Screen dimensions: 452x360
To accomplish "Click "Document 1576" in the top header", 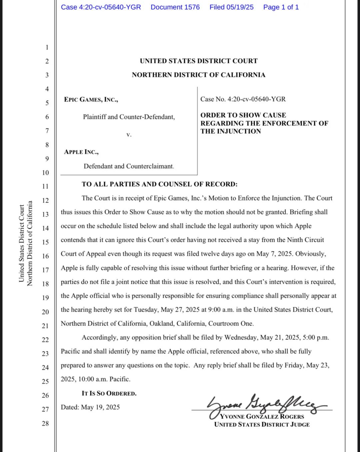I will pos(175,7).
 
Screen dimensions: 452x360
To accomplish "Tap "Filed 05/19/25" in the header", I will pos(231,7).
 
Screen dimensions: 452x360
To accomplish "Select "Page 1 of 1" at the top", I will pos(281,7).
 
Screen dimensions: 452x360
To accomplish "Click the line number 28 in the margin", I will pos(45,423).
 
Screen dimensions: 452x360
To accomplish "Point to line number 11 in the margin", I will pos(45,187).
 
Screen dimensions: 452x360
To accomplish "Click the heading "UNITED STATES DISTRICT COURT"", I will pos(199,61).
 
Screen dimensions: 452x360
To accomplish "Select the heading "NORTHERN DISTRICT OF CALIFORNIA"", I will pos(199,75).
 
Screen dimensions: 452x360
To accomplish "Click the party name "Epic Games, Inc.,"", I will pos(91,100).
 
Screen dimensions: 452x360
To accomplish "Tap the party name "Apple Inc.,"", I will pos(81,152).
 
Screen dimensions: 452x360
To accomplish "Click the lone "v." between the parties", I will pos(129,135).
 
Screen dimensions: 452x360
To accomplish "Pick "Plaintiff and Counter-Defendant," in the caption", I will pos(129,117).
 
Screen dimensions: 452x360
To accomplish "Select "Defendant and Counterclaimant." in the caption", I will pos(129,166).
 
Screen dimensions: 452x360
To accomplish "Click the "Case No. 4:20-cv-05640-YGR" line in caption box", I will pos(243,99).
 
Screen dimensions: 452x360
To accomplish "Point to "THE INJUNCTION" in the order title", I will pos(231,131).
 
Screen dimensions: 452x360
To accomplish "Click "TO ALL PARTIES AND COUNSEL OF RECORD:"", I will pos(160,184).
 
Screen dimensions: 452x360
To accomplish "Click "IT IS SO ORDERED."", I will pos(109,393).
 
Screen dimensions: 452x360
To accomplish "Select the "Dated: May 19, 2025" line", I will pos(90,407).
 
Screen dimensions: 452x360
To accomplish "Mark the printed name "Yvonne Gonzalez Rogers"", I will pos(262,417).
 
